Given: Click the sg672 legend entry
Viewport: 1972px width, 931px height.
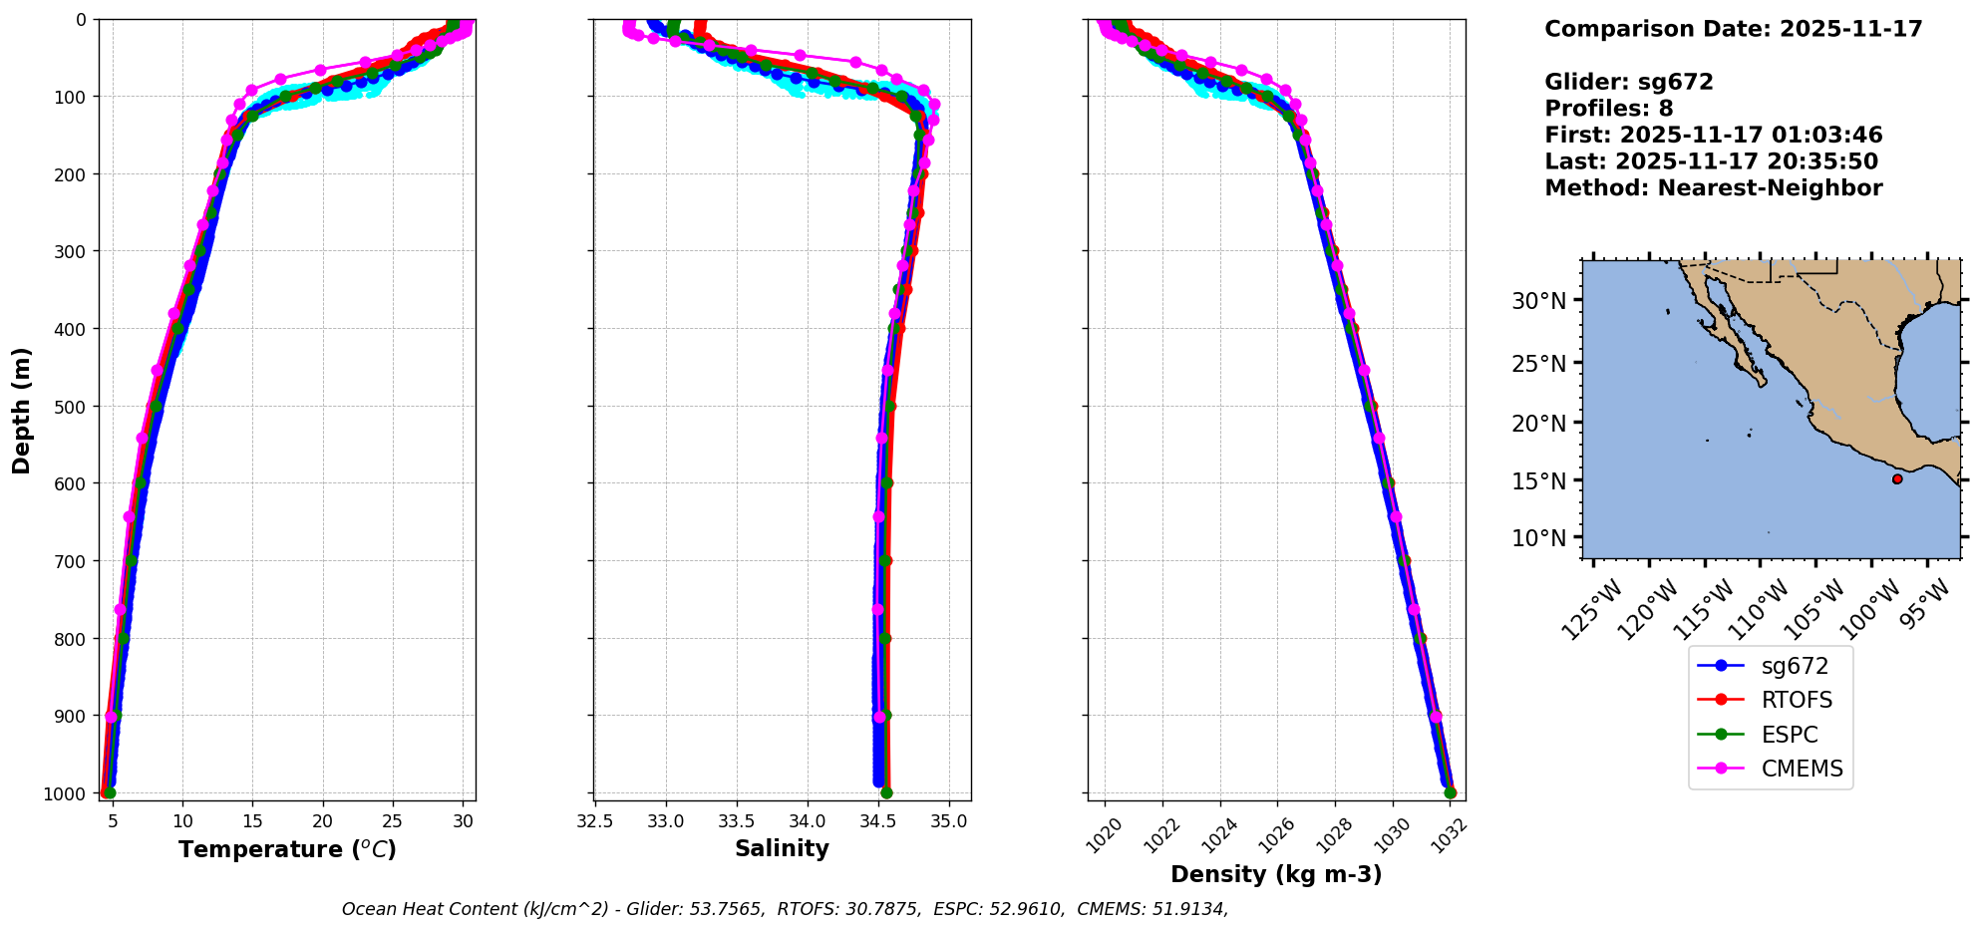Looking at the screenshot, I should pos(1770,666).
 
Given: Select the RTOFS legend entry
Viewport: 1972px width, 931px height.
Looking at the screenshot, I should pos(1770,700).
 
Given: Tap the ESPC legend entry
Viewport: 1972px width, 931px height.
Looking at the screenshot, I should pos(1770,735).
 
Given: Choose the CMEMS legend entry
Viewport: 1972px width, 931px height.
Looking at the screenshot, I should pos(1770,769).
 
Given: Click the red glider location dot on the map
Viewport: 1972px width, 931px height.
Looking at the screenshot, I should pos(1897,479).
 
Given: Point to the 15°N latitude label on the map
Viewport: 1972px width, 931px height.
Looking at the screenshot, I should pos(1539,480).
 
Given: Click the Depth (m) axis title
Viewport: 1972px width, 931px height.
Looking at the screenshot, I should pos(22,410).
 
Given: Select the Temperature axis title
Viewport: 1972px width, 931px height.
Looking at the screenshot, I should pos(287,849).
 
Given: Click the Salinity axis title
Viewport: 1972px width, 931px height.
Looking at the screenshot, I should pos(782,848).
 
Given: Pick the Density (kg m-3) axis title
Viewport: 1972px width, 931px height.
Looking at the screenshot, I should pos(1276,874).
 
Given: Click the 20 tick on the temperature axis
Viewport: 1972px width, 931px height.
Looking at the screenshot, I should pos(323,821).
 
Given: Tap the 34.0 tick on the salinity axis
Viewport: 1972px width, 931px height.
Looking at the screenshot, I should pos(807,821).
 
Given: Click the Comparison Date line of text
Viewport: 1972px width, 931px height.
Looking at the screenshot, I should pos(1733,29).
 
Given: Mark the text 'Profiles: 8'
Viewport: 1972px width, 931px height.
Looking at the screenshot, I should pos(1608,109).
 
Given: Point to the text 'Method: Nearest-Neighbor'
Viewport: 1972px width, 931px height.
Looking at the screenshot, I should pos(1713,188).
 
